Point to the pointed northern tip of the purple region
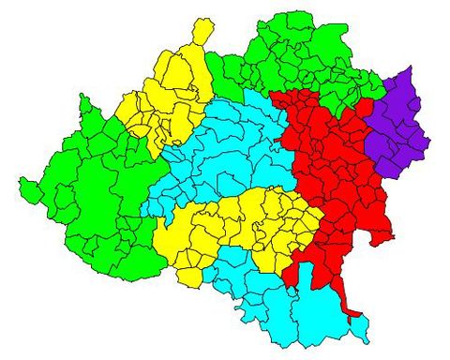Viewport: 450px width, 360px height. point(410,68)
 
